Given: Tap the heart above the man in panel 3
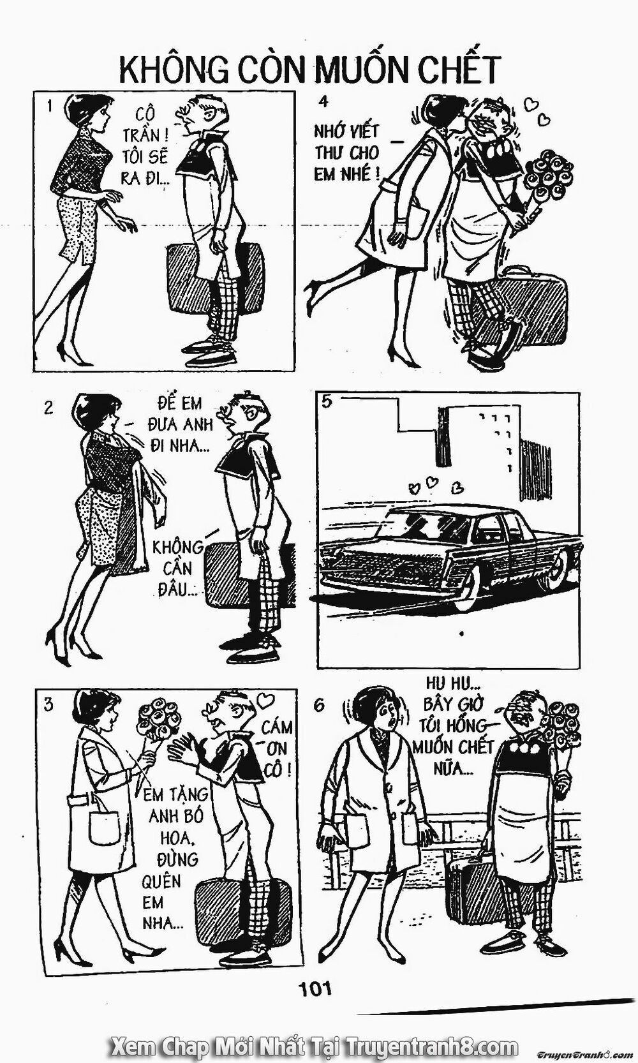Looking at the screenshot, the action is click(266, 698).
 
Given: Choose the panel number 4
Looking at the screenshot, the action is click(323, 101).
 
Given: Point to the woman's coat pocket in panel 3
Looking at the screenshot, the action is click(105, 828).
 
